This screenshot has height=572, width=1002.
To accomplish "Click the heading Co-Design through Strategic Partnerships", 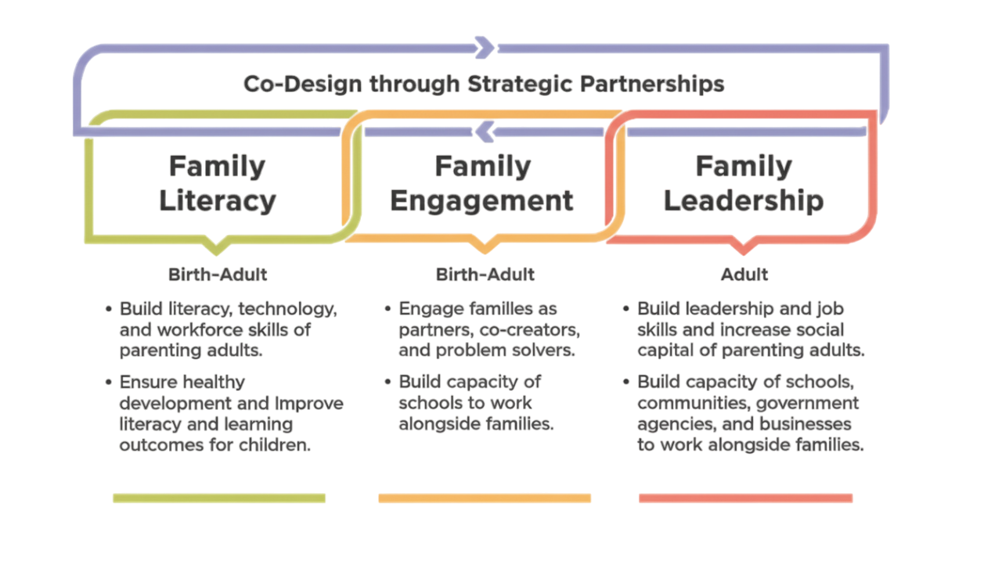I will (483, 84).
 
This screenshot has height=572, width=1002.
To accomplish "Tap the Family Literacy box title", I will (218, 184).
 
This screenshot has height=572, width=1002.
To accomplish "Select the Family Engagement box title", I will (482, 184).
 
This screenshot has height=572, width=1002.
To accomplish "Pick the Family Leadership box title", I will (743, 184).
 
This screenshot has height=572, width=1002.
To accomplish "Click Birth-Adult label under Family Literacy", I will (218, 275).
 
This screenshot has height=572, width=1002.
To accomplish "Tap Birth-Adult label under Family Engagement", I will (485, 275).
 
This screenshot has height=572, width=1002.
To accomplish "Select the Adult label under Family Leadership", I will (744, 275).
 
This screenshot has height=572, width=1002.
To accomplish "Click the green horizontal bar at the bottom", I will (219, 498).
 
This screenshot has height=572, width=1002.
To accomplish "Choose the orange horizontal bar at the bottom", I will (485, 498).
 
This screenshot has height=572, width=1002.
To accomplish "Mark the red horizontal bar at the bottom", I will (745, 498).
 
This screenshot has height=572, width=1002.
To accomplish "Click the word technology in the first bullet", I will (287, 308).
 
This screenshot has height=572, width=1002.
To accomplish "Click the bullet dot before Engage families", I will (387, 308).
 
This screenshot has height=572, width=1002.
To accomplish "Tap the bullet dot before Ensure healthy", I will (108, 383).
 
